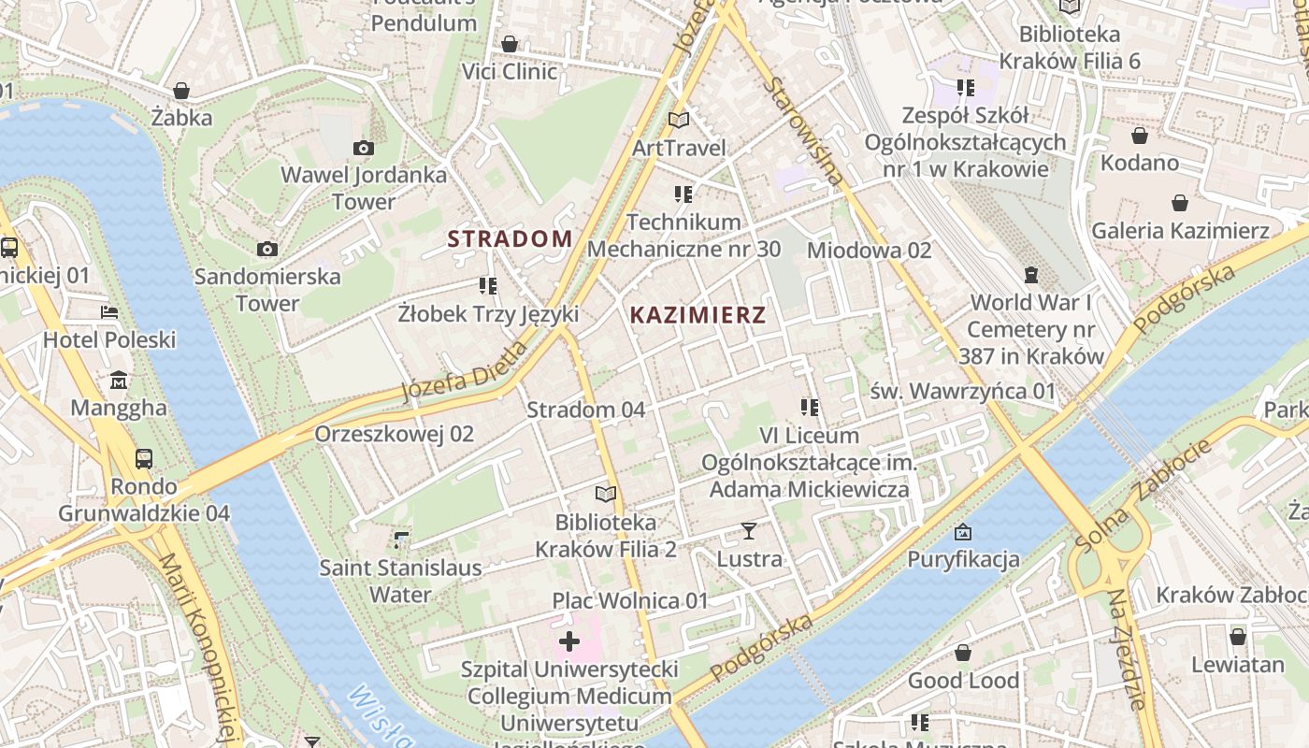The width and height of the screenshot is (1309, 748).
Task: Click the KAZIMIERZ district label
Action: tap(698, 315)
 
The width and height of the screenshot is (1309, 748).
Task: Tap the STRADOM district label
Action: tap(510, 238)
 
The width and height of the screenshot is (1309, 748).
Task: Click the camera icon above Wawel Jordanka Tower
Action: tap(364, 148)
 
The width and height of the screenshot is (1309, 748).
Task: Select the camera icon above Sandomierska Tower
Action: tap(267, 249)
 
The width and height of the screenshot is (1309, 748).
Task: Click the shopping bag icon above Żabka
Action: tap(182, 91)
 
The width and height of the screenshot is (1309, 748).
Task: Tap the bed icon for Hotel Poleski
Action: tap(109, 312)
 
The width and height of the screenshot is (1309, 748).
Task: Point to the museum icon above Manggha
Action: tap(119, 381)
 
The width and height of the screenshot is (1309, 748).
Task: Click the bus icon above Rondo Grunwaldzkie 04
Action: tap(143, 459)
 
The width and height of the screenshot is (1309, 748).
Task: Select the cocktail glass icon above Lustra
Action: tap(749, 531)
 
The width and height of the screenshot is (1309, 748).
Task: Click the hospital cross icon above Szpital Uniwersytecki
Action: tap(568, 641)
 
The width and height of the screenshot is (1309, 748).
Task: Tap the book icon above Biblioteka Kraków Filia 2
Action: tap(606, 494)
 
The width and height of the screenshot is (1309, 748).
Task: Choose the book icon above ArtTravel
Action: tap(679, 120)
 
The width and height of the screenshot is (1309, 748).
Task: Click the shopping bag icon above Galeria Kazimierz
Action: tap(1180, 203)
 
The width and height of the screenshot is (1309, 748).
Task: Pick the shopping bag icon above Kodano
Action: tap(1139, 136)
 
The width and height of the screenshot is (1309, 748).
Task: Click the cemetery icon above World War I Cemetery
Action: tap(1031, 275)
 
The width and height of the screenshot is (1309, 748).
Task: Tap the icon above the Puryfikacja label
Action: tap(963, 532)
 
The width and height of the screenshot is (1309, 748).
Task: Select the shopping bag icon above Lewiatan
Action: tap(1237, 637)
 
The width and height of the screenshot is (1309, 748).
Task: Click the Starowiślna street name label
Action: tap(804, 130)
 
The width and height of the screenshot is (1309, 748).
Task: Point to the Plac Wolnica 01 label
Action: tap(630, 600)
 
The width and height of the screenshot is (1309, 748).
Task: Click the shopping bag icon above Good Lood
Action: tap(963, 653)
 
